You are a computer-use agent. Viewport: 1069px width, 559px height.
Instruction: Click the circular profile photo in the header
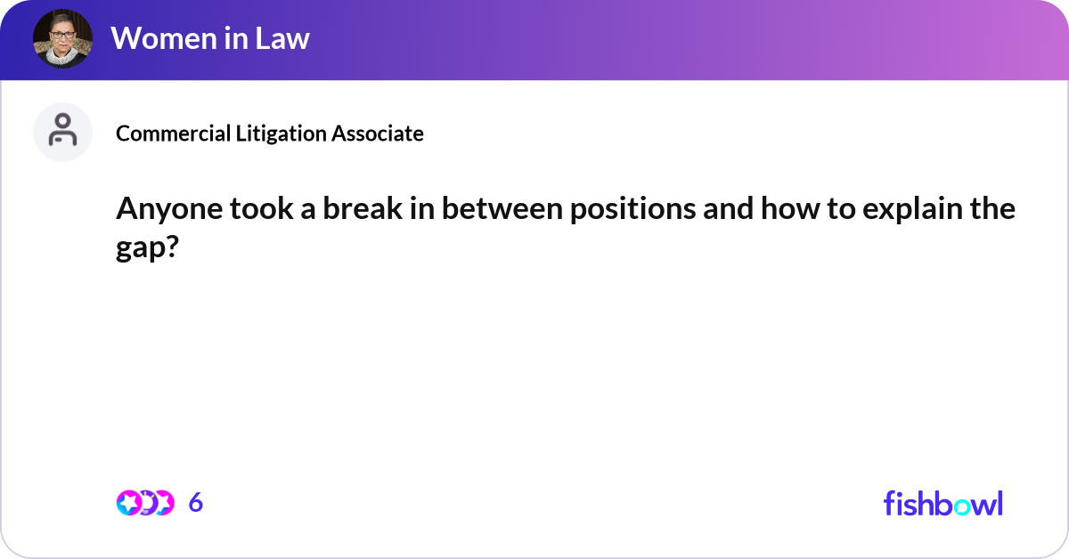point(62,39)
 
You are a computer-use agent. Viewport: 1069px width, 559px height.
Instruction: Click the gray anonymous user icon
point(62,132)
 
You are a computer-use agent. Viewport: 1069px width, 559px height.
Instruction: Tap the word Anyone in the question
point(165,210)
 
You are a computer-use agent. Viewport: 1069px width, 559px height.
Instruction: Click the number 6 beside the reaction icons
point(196,503)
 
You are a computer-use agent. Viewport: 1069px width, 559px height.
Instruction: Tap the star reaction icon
point(128,503)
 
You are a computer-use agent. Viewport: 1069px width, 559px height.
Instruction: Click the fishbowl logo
point(943,503)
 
